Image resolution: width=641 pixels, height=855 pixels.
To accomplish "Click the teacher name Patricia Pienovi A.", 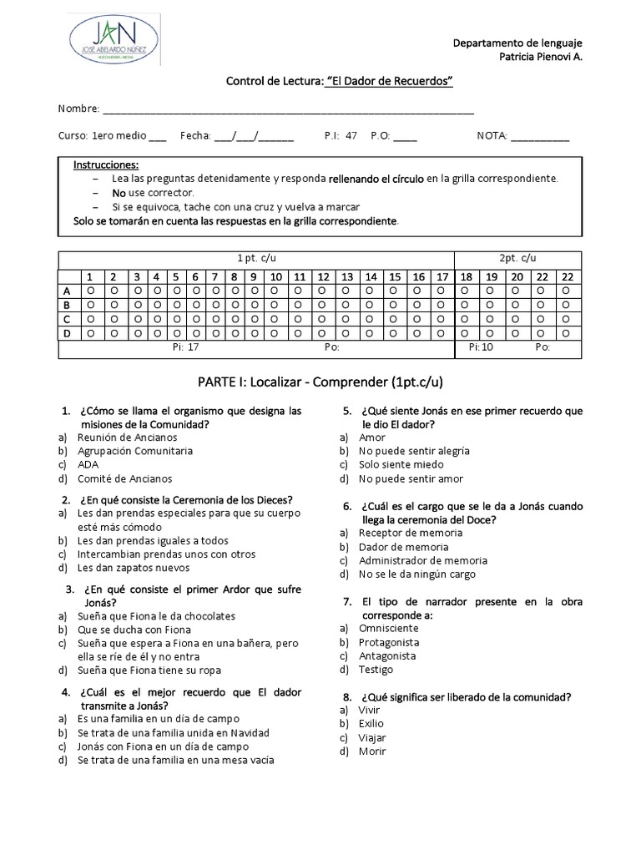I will tap(534, 57).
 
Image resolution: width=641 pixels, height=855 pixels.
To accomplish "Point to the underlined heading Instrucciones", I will tap(106, 164).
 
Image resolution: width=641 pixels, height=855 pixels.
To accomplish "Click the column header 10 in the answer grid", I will tap(275, 276).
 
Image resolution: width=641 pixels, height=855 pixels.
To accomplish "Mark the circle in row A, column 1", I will tap(90, 291).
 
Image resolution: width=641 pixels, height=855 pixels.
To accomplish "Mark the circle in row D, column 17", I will tap(442, 334).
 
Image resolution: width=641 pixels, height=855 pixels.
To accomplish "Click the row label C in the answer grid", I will tap(67, 320).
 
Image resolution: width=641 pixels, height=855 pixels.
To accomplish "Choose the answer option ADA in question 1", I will tap(88, 464).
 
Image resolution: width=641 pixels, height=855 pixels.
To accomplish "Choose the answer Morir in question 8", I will tap(372, 751).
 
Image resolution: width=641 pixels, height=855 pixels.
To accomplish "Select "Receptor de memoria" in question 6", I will tap(399, 533).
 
